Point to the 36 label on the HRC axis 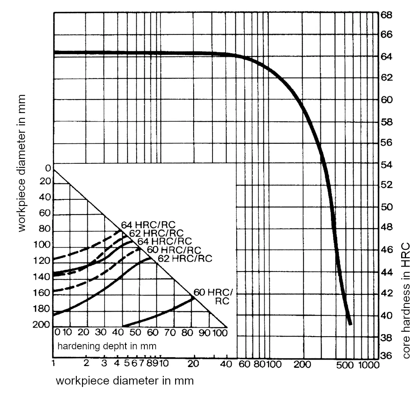click(387, 356)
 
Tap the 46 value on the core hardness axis click(387, 250)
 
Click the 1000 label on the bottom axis click(367, 364)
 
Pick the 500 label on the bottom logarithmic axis click(345, 364)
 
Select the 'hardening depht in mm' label click(107, 346)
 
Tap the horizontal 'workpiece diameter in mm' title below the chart click(125, 381)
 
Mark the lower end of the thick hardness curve click(350, 323)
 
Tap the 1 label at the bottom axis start click(54, 363)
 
